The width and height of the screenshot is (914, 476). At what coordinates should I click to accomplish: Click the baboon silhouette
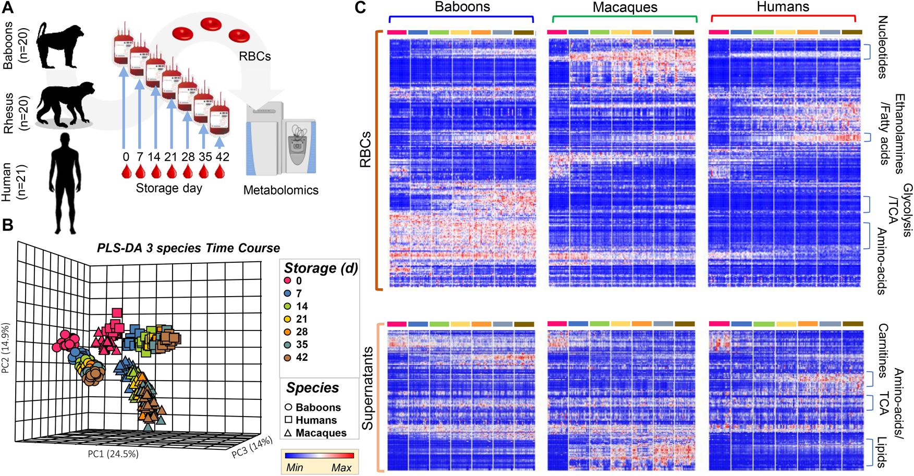[62, 45]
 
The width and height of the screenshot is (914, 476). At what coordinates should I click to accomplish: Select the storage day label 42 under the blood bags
[222, 157]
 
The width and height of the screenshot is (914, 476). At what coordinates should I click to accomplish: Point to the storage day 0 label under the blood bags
[126, 157]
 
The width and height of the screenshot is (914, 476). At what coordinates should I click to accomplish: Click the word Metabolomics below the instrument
[281, 190]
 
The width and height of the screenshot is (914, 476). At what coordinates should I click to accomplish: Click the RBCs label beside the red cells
[254, 56]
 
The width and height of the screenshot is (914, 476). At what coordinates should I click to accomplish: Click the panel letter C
[360, 8]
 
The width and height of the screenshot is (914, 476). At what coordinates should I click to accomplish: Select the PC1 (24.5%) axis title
[113, 454]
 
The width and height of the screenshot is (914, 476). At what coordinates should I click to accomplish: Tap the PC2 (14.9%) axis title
[6, 348]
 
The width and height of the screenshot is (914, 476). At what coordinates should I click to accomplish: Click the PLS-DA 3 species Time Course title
[188, 248]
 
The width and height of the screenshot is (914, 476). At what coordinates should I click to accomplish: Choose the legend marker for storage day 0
[287, 281]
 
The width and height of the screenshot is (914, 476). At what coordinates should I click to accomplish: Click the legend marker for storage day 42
[287, 358]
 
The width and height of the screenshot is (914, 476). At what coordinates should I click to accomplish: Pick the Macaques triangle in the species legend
[288, 433]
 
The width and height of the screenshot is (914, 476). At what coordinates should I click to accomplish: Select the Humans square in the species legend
[288, 420]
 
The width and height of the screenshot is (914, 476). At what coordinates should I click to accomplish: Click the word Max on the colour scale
[342, 468]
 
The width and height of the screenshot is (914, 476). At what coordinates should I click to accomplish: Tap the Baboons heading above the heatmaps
[462, 7]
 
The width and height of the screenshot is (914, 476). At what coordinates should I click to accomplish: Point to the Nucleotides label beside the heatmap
[882, 47]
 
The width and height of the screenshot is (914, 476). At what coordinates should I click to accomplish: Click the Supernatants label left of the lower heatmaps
[368, 388]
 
